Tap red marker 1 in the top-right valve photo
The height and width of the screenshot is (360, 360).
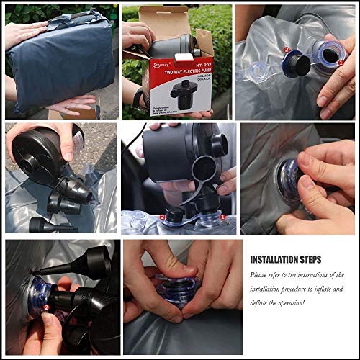[340, 63]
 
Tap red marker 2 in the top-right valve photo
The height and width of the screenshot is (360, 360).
[287, 50]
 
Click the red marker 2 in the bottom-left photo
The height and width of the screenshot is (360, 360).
[46, 307]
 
